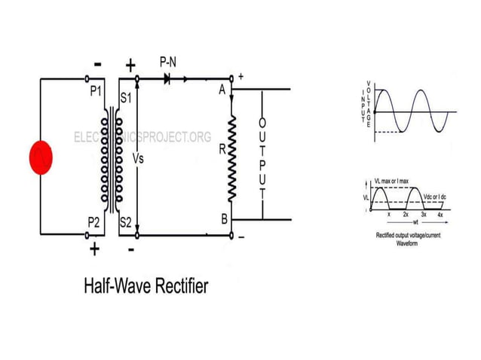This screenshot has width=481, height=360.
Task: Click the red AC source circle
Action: tap(39, 157)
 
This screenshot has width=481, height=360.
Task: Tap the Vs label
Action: tap(137, 160)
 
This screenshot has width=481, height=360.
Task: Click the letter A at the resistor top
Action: tap(222, 90)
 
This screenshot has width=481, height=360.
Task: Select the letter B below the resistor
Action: tap(222, 219)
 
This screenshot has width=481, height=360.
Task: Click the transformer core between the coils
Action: tap(114, 158)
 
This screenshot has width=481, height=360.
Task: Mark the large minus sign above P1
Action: tap(97, 66)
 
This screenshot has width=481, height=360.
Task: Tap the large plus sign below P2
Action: tap(93, 249)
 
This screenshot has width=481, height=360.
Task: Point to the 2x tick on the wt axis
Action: tap(405, 215)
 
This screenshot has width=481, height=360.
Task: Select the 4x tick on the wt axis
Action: tap(441, 215)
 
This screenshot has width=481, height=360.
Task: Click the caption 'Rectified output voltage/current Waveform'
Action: tap(406, 239)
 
